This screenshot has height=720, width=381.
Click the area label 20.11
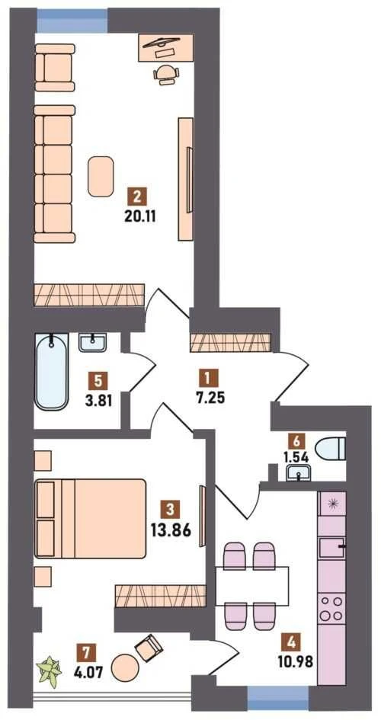click(140, 216)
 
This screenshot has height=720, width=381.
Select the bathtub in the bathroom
click(52, 371)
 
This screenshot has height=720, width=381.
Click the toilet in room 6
click(331, 449)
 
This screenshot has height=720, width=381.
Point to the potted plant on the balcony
click(50, 672)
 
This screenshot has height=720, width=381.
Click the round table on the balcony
click(125, 668)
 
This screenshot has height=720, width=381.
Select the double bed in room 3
click(91, 519)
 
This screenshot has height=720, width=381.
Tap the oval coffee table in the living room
click(101, 176)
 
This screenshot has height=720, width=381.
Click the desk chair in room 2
click(165, 73)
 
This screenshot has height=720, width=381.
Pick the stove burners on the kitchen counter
click(331, 607)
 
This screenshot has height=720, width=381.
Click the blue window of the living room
click(72, 21)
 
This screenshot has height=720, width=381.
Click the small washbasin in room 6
click(299, 472)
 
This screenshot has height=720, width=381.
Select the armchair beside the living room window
click(55, 68)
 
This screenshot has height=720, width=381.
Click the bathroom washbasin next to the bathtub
click(92, 343)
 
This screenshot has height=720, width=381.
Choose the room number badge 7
click(84, 652)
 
